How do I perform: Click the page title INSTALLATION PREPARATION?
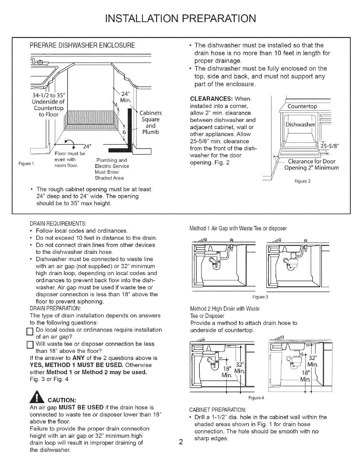[180, 18]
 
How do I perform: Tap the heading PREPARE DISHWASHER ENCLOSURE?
[83, 45]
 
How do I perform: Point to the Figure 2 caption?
[302, 181]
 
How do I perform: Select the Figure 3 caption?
[260, 297]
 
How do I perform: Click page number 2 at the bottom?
[181, 442]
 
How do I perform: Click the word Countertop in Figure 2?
[302, 106]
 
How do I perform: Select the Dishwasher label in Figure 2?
[299, 124]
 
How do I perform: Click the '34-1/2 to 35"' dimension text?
[50, 96]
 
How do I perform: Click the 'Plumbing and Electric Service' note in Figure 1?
[112, 163]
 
